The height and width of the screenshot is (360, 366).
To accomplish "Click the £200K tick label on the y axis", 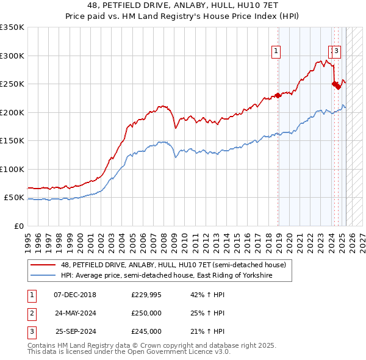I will (x=12, y=112).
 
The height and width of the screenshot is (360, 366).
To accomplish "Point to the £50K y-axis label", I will (x=13, y=198).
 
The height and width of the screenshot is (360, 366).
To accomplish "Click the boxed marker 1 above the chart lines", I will (x=276, y=52).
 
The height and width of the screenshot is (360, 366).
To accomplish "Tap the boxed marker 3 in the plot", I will (x=337, y=52).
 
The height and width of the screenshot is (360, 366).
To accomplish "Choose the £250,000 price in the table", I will (x=146, y=314).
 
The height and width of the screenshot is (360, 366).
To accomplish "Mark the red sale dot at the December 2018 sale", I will (x=278, y=95).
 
